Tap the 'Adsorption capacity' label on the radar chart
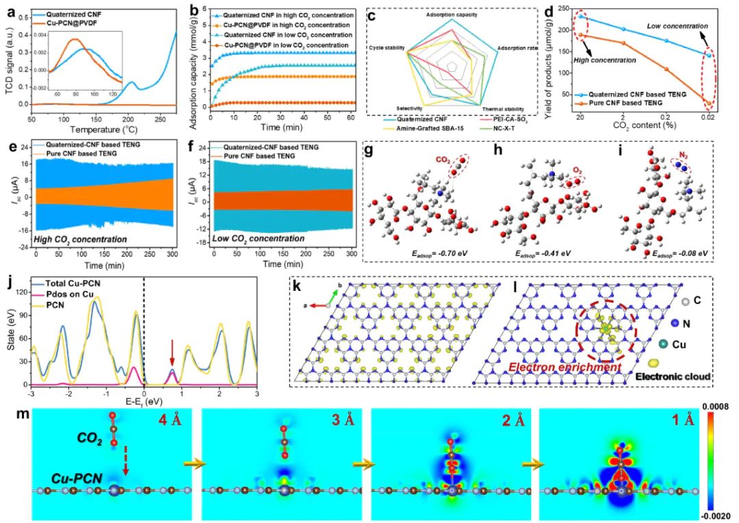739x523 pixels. tap(452, 14)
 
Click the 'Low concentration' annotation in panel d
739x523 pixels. tap(677, 26)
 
